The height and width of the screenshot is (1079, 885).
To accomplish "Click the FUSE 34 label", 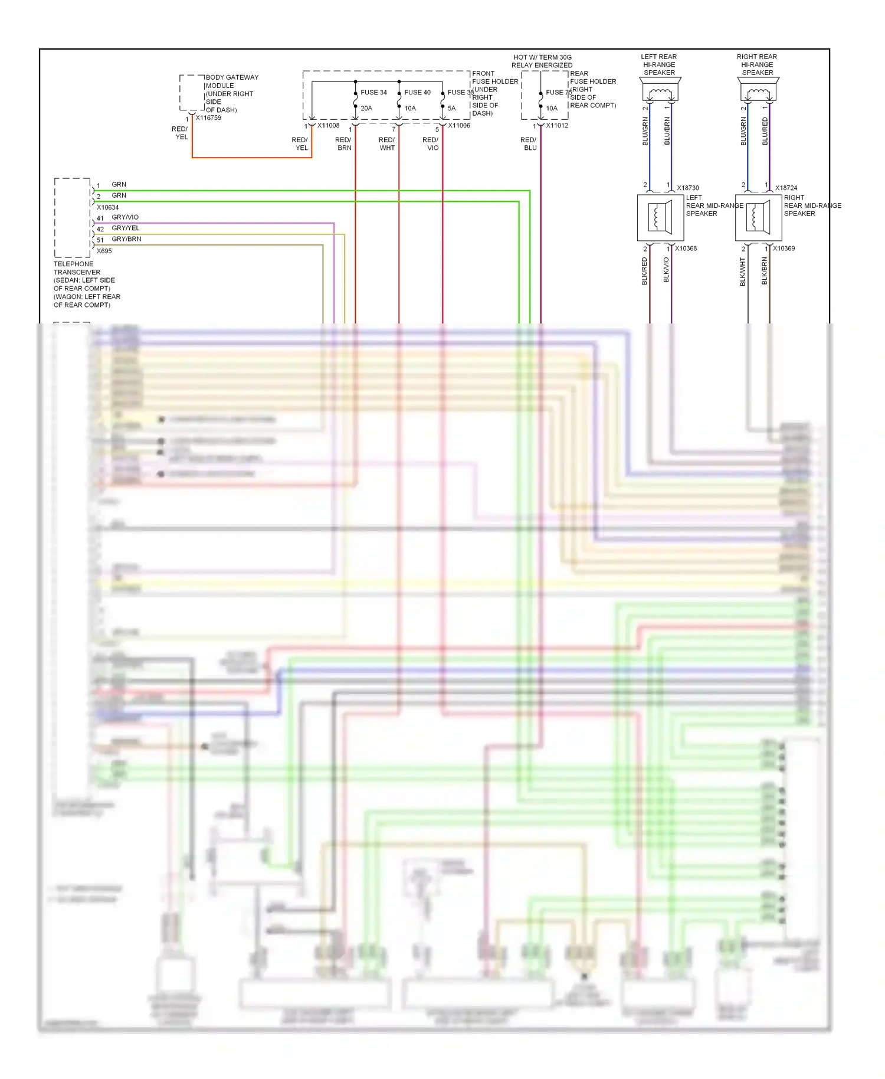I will (373, 93).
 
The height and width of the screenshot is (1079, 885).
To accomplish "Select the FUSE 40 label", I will (417, 93).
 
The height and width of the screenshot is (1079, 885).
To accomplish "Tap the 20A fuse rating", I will (366, 109).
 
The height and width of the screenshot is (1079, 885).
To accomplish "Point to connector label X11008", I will (328, 126).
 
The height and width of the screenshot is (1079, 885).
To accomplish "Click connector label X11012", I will (557, 126).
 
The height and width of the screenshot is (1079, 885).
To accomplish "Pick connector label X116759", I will (208, 118).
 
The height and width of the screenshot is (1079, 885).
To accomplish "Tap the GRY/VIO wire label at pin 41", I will (125, 217).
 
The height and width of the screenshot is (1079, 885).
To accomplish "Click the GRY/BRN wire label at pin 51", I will (126, 239).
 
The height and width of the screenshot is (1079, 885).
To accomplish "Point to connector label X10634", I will (107, 208).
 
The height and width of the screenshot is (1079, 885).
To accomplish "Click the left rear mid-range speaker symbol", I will (660, 218).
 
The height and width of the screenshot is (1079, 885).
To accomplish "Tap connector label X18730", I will (687, 188).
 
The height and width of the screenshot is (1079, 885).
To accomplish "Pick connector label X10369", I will (784, 249).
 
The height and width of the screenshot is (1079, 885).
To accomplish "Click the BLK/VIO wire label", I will (666, 270).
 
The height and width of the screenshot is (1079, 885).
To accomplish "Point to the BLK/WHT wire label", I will (743, 272).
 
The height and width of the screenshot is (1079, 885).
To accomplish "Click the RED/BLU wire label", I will (529, 144).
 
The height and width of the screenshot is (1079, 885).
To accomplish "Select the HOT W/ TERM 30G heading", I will (542, 58).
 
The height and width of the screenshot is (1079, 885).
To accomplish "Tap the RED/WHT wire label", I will (387, 144).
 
